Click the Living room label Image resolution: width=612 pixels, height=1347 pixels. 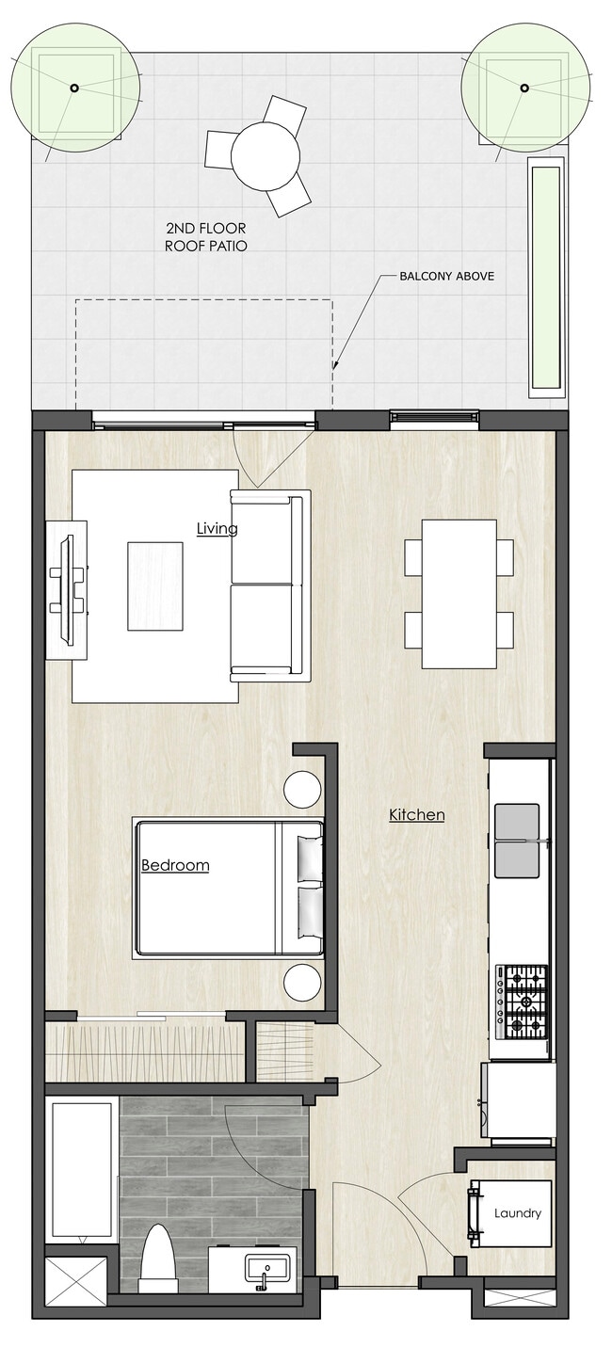[x=217, y=528]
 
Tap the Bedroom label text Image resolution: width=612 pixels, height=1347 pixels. [x=175, y=865]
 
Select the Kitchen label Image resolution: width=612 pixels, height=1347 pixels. [x=416, y=814]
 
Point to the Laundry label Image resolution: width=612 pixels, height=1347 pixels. [x=518, y=1213]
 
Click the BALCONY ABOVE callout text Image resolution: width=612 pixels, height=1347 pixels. [x=446, y=277]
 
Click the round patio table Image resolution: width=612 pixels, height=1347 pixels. [x=266, y=155]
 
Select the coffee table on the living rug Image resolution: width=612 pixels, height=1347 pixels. [x=155, y=585]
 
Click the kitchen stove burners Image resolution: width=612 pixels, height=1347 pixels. [x=522, y=1002]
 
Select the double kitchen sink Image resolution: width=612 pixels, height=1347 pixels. [x=517, y=841]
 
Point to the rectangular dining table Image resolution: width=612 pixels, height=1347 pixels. [x=459, y=593]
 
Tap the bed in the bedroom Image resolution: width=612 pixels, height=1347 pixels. [x=226, y=889]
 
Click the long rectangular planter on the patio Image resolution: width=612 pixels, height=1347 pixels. [x=545, y=278]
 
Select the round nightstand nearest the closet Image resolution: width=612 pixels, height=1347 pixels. [x=303, y=983]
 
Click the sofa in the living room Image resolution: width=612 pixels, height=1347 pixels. [x=269, y=585]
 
